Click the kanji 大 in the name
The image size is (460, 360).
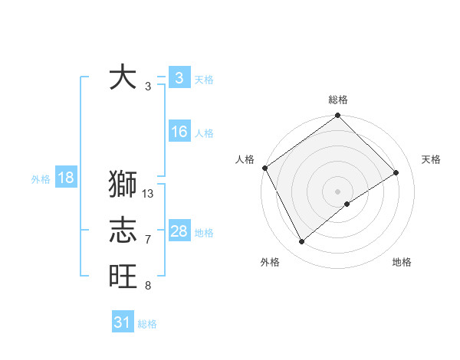(x=123, y=77)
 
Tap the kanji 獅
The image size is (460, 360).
(x=123, y=185)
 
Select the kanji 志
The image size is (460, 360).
(x=123, y=231)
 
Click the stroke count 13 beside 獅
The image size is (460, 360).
(x=148, y=194)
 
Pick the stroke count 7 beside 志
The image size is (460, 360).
(x=148, y=240)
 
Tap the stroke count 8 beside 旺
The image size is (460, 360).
(x=148, y=286)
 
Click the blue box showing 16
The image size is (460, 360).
(x=179, y=132)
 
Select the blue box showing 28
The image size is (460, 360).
(x=179, y=231)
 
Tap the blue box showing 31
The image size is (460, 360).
(x=122, y=322)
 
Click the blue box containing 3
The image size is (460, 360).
(x=179, y=77)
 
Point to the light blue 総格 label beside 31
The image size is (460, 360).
(x=147, y=324)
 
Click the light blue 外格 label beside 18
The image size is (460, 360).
(x=41, y=179)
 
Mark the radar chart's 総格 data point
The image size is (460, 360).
(x=337, y=116)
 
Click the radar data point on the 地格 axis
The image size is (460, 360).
(x=347, y=204)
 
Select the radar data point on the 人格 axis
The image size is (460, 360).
(x=264, y=168)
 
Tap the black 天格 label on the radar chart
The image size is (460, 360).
(x=431, y=159)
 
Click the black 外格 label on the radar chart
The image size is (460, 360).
(x=270, y=262)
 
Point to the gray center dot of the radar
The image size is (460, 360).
(x=337, y=191)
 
